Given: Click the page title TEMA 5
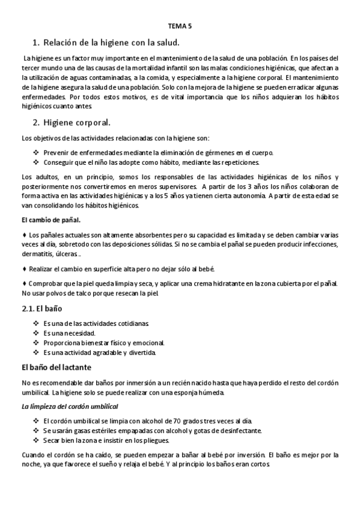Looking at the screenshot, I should pos(180,26).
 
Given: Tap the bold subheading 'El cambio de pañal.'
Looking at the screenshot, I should pos(46,220).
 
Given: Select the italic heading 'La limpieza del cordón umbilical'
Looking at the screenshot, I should pos(70,407).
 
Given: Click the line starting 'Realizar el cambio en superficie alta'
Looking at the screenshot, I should pos(121,268).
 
